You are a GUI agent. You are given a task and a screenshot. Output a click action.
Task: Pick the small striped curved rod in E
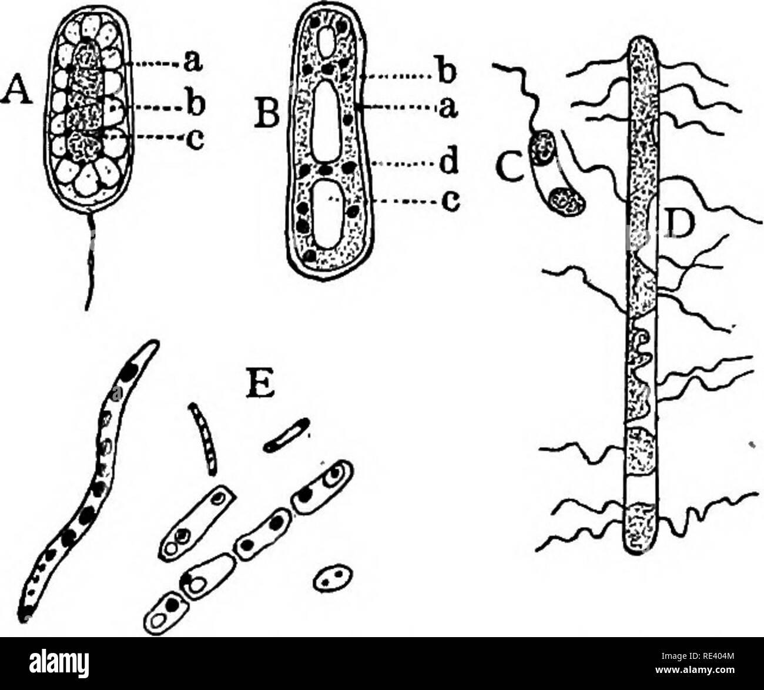[202, 438]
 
